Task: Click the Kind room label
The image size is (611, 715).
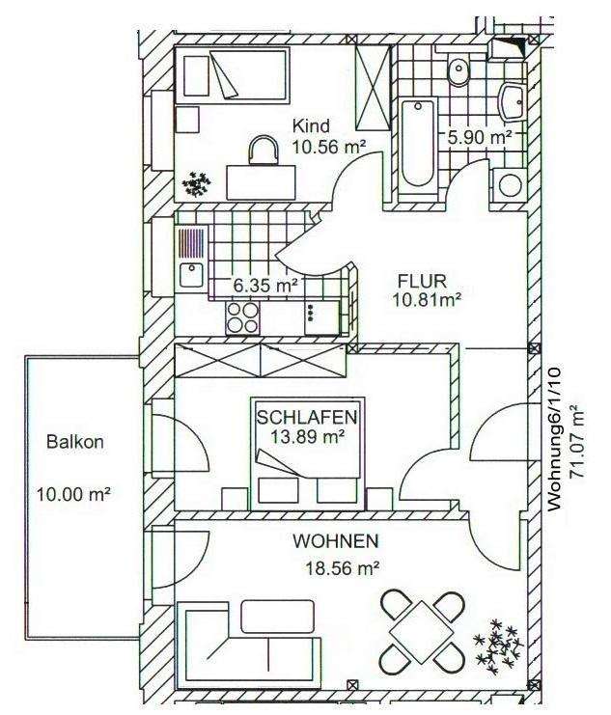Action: click(313, 125)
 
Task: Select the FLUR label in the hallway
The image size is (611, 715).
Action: click(421, 280)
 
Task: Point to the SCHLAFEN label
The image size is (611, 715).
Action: click(308, 418)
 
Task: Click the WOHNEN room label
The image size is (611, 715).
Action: click(336, 541)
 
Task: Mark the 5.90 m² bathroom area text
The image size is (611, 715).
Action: click(480, 138)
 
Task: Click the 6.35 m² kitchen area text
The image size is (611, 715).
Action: click(264, 286)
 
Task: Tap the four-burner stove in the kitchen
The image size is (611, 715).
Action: click(242, 317)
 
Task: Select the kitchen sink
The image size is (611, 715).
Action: click(191, 275)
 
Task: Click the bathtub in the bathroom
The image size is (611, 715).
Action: click(418, 142)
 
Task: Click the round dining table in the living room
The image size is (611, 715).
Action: click(421, 632)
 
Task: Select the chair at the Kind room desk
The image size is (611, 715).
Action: click(263, 149)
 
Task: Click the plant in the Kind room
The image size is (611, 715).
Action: click(198, 182)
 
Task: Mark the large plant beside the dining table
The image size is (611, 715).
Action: click(499, 646)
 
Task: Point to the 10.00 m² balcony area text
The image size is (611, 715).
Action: click(73, 494)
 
